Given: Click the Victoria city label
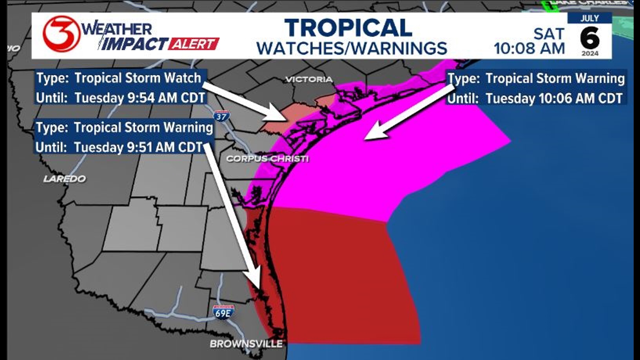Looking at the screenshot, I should point(309,79).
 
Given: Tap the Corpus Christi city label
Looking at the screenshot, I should point(267,159).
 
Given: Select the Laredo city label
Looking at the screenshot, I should point(65,179).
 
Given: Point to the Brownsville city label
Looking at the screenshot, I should point(246,344).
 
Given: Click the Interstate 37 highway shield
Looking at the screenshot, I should point(221,116).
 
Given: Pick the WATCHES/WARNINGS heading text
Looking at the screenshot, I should point(352,49).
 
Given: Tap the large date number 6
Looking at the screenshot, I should point(590,38).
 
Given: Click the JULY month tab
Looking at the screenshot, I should point(589,18).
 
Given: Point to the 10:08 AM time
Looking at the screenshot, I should point(529,49).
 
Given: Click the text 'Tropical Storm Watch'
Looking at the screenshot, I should point(138,78).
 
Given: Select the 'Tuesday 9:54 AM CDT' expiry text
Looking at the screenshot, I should point(140,98).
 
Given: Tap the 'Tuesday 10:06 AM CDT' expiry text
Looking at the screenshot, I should point(554,99).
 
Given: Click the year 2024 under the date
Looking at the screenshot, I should point(590,53).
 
